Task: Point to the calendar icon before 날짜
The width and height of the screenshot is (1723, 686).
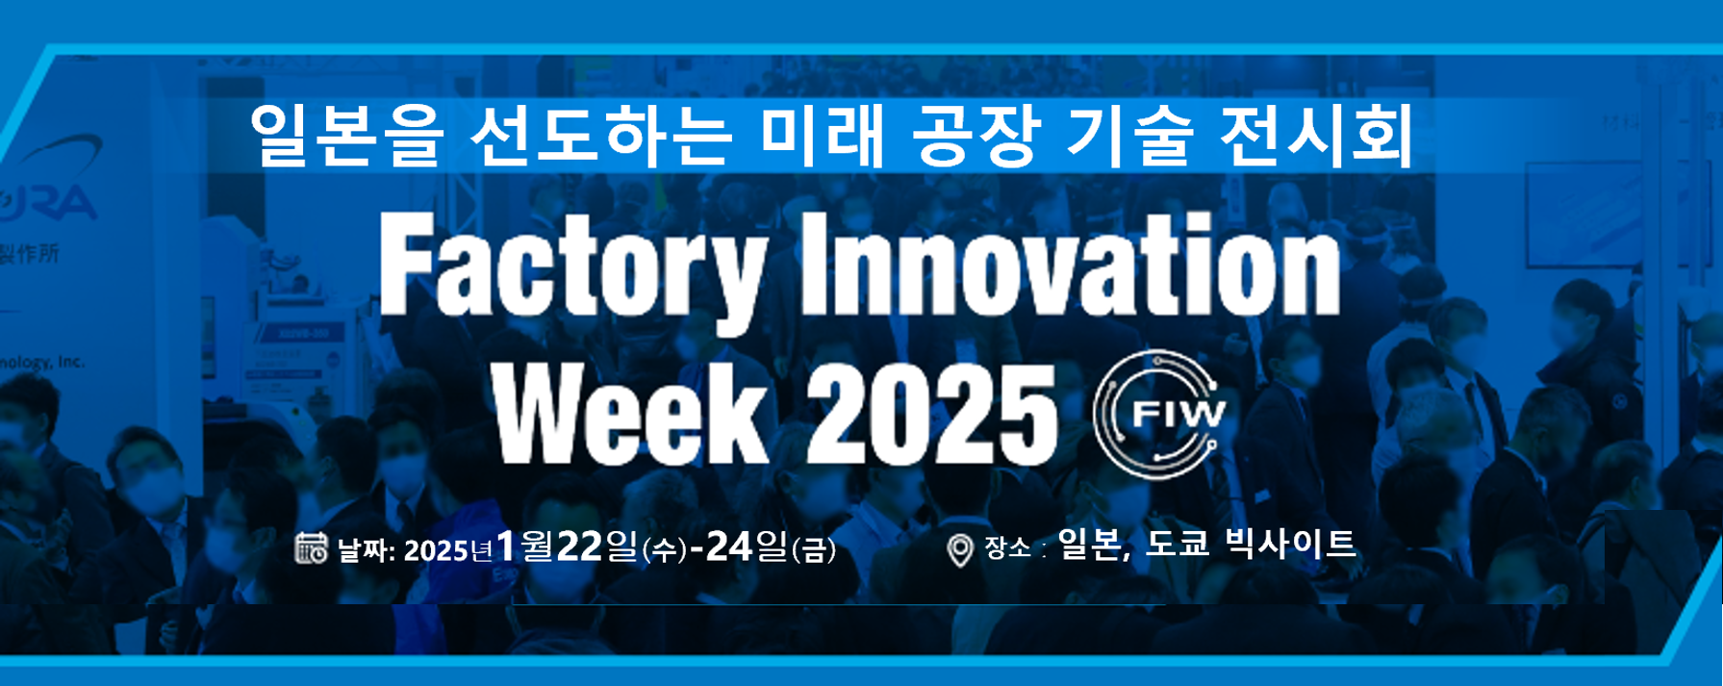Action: pyautogui.click(x=311, y=547)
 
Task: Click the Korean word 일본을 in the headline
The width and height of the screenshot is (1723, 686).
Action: pyautogui.click(x=346, y=137)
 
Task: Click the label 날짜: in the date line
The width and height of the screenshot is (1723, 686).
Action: pyautogui.click(x=367, y=551)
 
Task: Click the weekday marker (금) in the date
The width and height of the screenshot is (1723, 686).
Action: pyautogui.click(x=813, y=550)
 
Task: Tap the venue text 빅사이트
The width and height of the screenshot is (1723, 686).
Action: pyautogui.click(x=1291, y=545)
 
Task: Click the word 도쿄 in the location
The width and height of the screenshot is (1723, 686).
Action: pyautogui.click(x=1176, y=545)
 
